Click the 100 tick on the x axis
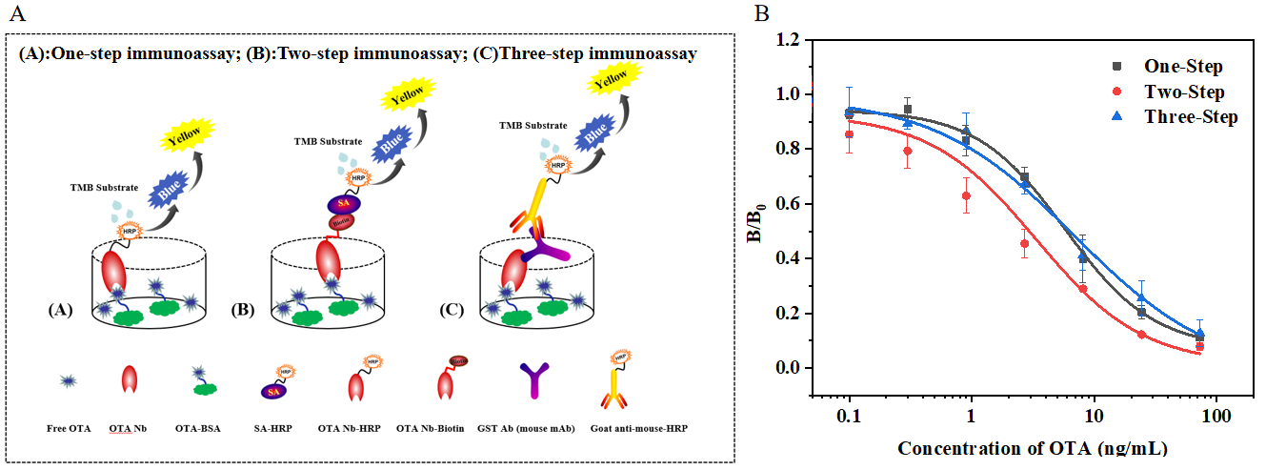1216,417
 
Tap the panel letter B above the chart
761,12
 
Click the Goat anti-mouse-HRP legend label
645,428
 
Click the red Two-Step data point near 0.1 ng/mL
849,134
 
